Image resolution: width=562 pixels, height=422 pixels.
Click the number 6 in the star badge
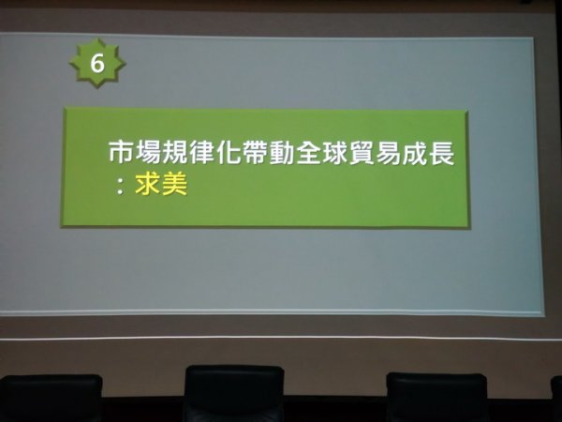[x=97, y=64]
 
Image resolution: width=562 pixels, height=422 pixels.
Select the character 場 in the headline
[x=148, y=153]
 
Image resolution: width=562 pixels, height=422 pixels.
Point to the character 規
[x=175, y=153]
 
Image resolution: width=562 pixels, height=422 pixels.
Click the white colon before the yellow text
[x=120, y=187]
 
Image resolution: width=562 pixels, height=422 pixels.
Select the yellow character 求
[x=148, y=184]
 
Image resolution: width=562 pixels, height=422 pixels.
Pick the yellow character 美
[x=174, y=184]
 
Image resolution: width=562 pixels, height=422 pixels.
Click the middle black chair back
[x=234, y=393]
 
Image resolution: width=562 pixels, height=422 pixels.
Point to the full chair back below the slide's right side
[x=436, y=397]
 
